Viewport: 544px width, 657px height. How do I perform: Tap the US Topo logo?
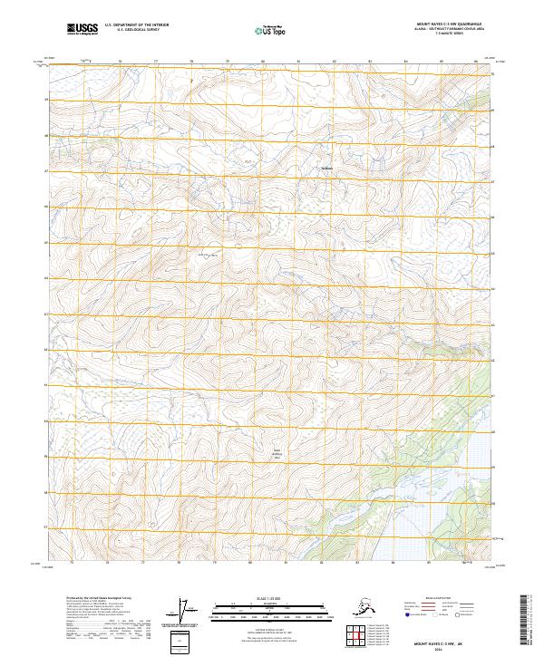269,31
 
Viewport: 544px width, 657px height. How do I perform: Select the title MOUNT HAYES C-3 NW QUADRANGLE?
444,24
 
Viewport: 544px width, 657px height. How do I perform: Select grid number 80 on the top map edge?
262,62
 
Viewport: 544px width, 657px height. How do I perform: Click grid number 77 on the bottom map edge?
143,563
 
